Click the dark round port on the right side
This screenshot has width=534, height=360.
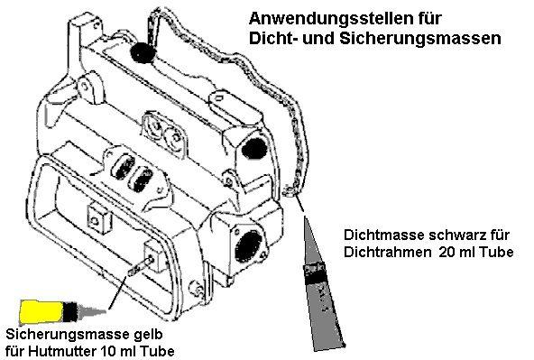pyautogui.click(x=255, y=145)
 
